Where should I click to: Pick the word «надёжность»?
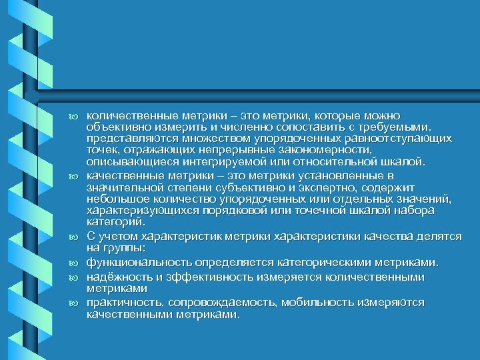pyautogui.click(x=119, y=276)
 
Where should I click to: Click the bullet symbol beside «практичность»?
pyautogui.click(x=74, y=303)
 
